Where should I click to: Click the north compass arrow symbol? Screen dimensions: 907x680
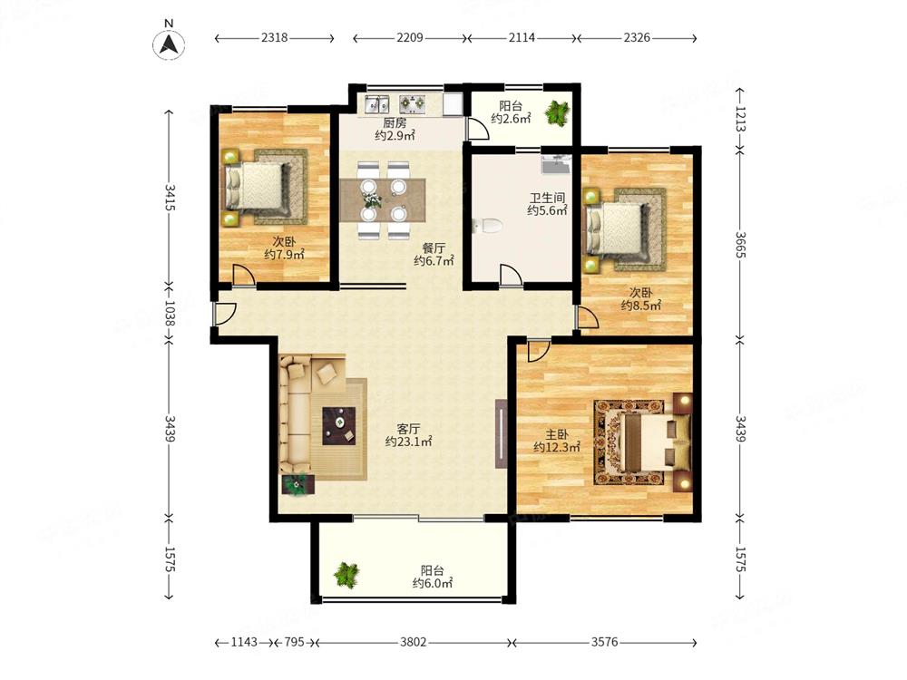coord(169,44)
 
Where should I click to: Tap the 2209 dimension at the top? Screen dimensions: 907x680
coord(410,37)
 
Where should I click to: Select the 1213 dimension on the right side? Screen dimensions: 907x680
coord(739,119)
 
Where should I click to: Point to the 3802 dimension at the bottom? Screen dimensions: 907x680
coord(413,642)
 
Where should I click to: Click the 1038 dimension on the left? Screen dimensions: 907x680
coord(169,313)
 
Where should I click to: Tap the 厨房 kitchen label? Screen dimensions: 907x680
coord(395,122)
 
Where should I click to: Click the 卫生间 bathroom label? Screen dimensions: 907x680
coord(547,197)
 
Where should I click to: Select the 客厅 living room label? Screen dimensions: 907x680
coord(408,429)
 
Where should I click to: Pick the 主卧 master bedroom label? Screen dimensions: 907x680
coord(557,434)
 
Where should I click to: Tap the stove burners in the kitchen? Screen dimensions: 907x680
coord(413,103)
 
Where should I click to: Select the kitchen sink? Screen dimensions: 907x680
coord(376,104)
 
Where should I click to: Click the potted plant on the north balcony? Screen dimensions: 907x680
coord(558,112)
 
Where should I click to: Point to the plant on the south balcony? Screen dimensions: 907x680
coord(346,574)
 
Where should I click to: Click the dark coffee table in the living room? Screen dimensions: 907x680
coord(339,425)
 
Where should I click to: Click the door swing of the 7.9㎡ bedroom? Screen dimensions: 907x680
coord(243,274)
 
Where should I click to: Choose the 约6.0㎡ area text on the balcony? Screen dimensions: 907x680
coord(432,583)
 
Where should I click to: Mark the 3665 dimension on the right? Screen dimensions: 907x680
coord(739,245)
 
